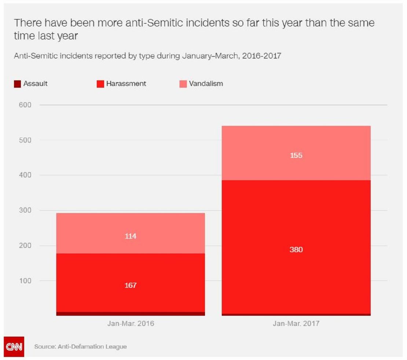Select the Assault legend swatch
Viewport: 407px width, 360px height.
point(17,84)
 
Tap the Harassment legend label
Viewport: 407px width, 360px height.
point(126,83)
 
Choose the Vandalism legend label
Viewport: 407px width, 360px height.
point(206,83)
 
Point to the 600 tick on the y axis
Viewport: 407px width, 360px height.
point(25,105)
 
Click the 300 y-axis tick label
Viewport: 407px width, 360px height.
point(25,211)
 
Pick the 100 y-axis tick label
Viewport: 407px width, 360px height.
point(25,281)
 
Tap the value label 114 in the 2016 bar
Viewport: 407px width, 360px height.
point(130,236)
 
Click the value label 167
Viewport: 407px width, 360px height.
point(130,285)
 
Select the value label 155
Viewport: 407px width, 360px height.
point(296,155)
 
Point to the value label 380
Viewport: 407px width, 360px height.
point(296,250)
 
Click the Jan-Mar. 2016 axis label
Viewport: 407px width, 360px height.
point(131,324)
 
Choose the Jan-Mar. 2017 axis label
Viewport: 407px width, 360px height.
point(296,324)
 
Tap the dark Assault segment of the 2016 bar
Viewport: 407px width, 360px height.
point(131,313)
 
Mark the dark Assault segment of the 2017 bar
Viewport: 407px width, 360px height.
point(296,315)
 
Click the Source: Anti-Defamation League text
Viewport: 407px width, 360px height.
point(80,346)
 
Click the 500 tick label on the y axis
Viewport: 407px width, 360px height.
point(25,140)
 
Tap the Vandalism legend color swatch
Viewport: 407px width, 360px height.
point(183,84)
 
